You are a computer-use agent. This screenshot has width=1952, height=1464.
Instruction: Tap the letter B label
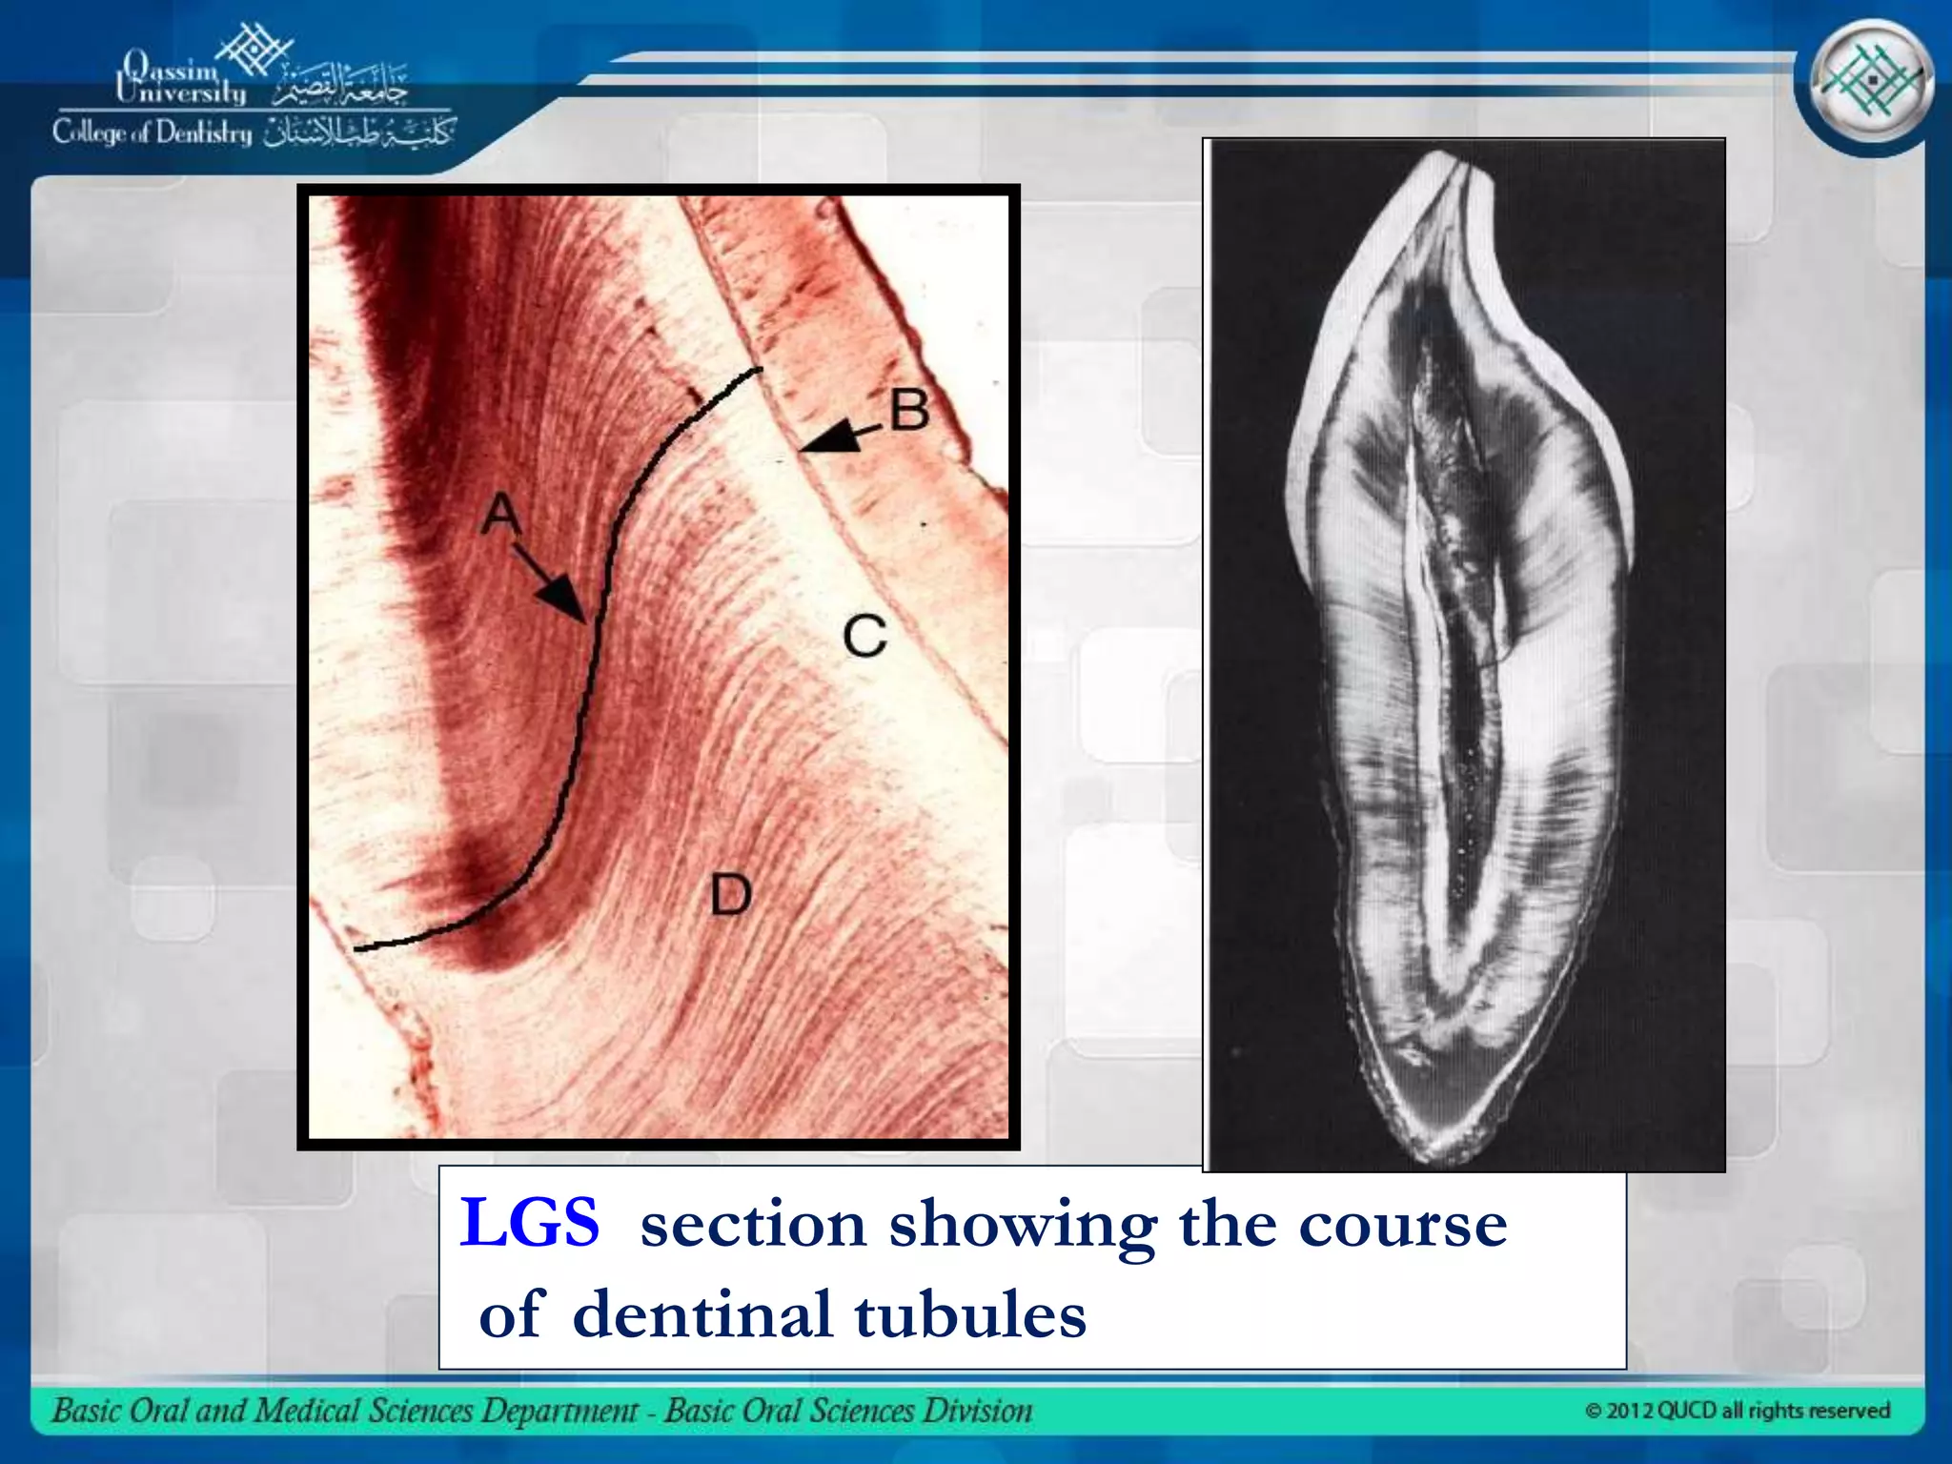[909, 411]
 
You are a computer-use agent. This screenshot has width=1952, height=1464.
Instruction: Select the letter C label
[864, 636]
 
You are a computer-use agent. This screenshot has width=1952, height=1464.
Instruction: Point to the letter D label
[731, 896]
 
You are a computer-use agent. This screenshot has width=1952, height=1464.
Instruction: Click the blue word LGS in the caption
[530, 1223]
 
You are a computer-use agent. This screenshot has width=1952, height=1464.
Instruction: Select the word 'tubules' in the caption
[969, 1314]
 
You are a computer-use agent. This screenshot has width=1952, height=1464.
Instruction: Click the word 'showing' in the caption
[1022, 1225]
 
